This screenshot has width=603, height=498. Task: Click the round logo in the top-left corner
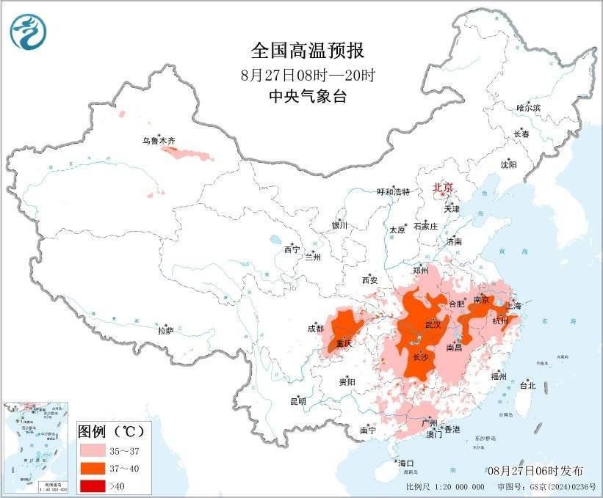(x=28, y=32)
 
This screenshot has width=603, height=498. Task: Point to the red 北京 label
(x=444, y=188)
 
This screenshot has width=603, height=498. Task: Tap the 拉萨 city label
(x=165, y=331)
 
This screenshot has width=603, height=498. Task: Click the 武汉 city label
(x=433, y=324)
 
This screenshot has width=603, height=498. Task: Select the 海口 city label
(x=406, y=463)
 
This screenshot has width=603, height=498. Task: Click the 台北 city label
(x=527, y=385)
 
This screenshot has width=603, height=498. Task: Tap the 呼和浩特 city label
(x=393, y=191)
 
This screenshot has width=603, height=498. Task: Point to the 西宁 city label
(x=292, y=250)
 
